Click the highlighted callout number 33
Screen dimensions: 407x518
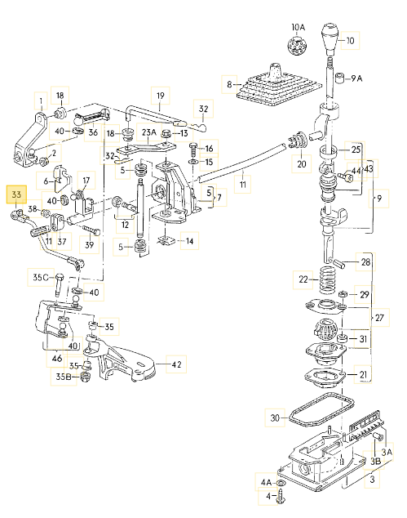tap(16, 194)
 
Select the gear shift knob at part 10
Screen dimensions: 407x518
tap(330, 38)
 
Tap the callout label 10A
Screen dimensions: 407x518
tap(299, 28)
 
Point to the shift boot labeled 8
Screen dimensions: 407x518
tap(278, 86)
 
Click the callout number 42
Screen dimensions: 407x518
tap(176, 364)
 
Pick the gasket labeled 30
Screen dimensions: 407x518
tap(321, 410)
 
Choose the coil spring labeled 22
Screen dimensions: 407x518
tap(328, 280)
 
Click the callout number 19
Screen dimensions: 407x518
tap(161, 96)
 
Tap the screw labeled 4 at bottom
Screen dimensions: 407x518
tap(281, 497)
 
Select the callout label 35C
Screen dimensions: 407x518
tap(41, 277)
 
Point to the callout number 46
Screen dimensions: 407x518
tap(57, 359)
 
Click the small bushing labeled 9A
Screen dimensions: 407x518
tap(340, 78)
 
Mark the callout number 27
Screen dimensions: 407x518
tap(379, 318)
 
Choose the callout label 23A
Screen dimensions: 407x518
tap(148, 132)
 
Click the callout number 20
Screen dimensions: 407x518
tap(302, 163)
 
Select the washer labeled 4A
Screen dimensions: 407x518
tap(281, 484)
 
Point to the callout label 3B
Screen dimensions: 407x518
tap(376, 461)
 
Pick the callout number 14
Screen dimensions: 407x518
tap(189, 241)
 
